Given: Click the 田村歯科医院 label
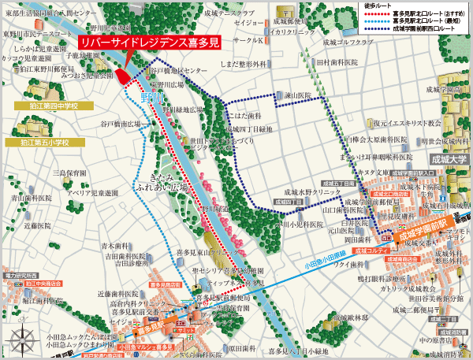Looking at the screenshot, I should (x=337, y=61).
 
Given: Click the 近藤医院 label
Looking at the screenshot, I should (x=36, y=225).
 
